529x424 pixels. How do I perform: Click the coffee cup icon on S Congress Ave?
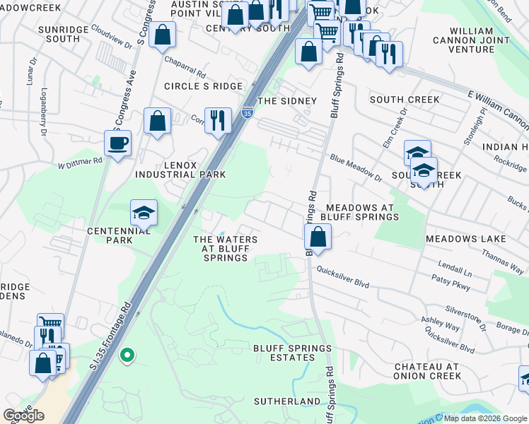[117, 142]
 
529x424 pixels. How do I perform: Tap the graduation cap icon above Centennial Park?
[144, 212]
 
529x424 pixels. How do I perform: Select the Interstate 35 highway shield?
[247, 112]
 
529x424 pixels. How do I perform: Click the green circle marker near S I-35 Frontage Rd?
[127, 355]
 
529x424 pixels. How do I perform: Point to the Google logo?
[24, 416]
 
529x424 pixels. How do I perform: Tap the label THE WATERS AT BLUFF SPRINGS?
[226, 249]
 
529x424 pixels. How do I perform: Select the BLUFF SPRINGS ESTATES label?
[293, 353]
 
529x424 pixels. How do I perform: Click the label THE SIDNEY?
[287, 101]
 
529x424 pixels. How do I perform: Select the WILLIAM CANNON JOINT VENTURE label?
[479, 40]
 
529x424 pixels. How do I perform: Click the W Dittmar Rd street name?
[80, 162]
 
